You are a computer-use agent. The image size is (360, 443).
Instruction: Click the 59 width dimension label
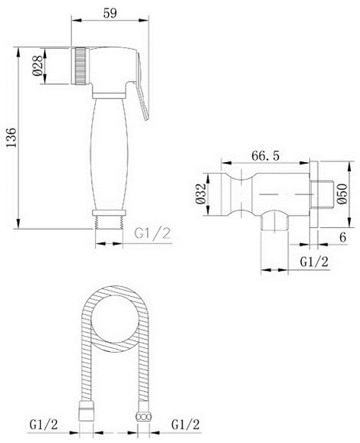[x=110, y=13]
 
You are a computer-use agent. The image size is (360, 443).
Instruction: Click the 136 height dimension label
[x=11, y=138]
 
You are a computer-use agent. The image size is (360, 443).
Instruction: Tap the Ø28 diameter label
[x=38, y=66]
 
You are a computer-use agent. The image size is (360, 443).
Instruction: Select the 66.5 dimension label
[x=265, y=155]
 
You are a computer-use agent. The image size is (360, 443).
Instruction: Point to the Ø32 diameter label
[x=201, y=194]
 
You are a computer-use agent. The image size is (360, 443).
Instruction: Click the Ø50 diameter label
[x=342, y=194]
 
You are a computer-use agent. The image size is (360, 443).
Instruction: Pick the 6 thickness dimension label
[x=342, y=237]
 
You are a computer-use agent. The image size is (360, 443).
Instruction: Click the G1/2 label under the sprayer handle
[x=152, y=234]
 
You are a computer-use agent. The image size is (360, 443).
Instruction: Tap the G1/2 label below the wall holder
[x=314, y=262]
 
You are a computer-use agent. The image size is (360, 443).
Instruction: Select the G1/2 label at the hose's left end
[x=44, y=425]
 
